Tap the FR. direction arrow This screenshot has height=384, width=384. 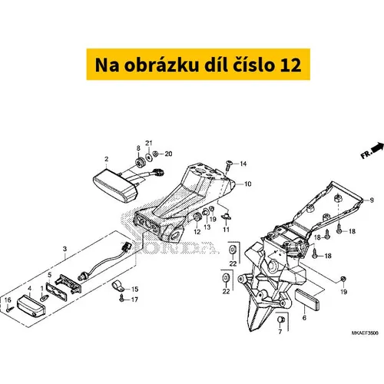376,147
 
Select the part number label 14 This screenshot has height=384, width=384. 243,164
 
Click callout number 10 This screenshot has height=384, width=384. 248,184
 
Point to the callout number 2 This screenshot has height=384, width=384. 107,159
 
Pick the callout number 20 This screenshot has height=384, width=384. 168,154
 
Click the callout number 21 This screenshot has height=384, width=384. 149,143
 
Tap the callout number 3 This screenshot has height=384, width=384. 65,249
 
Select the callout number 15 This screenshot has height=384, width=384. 134,290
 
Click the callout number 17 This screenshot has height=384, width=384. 134,300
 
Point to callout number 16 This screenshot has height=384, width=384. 8,300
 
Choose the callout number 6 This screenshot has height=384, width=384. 304,318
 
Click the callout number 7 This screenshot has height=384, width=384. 280,332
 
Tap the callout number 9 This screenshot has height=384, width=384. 372,200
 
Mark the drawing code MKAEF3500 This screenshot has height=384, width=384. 365,333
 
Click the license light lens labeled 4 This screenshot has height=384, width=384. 31,306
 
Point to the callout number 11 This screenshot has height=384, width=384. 226,230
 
